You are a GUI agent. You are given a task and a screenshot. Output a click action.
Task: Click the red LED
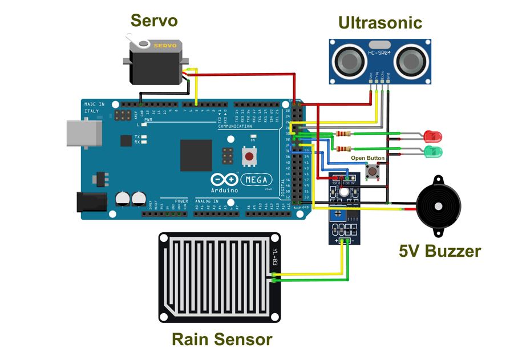(433, 136)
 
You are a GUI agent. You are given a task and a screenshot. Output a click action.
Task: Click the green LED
(433, 151)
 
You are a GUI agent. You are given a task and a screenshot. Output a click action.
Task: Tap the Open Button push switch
(373, 170)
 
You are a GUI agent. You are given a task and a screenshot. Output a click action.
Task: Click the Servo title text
(154, 21)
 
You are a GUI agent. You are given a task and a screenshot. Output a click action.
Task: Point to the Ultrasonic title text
(380, 22)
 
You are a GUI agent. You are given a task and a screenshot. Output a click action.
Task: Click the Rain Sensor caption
(222, 339)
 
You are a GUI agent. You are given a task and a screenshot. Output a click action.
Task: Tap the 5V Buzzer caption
(439, 251)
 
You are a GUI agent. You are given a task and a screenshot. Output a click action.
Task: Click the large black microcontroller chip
(196, 155)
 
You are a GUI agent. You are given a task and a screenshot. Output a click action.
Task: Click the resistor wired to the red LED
(342, 134)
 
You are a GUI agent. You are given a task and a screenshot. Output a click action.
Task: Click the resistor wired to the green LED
(342, 149)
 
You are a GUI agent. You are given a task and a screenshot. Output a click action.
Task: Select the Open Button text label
(367, 158)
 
